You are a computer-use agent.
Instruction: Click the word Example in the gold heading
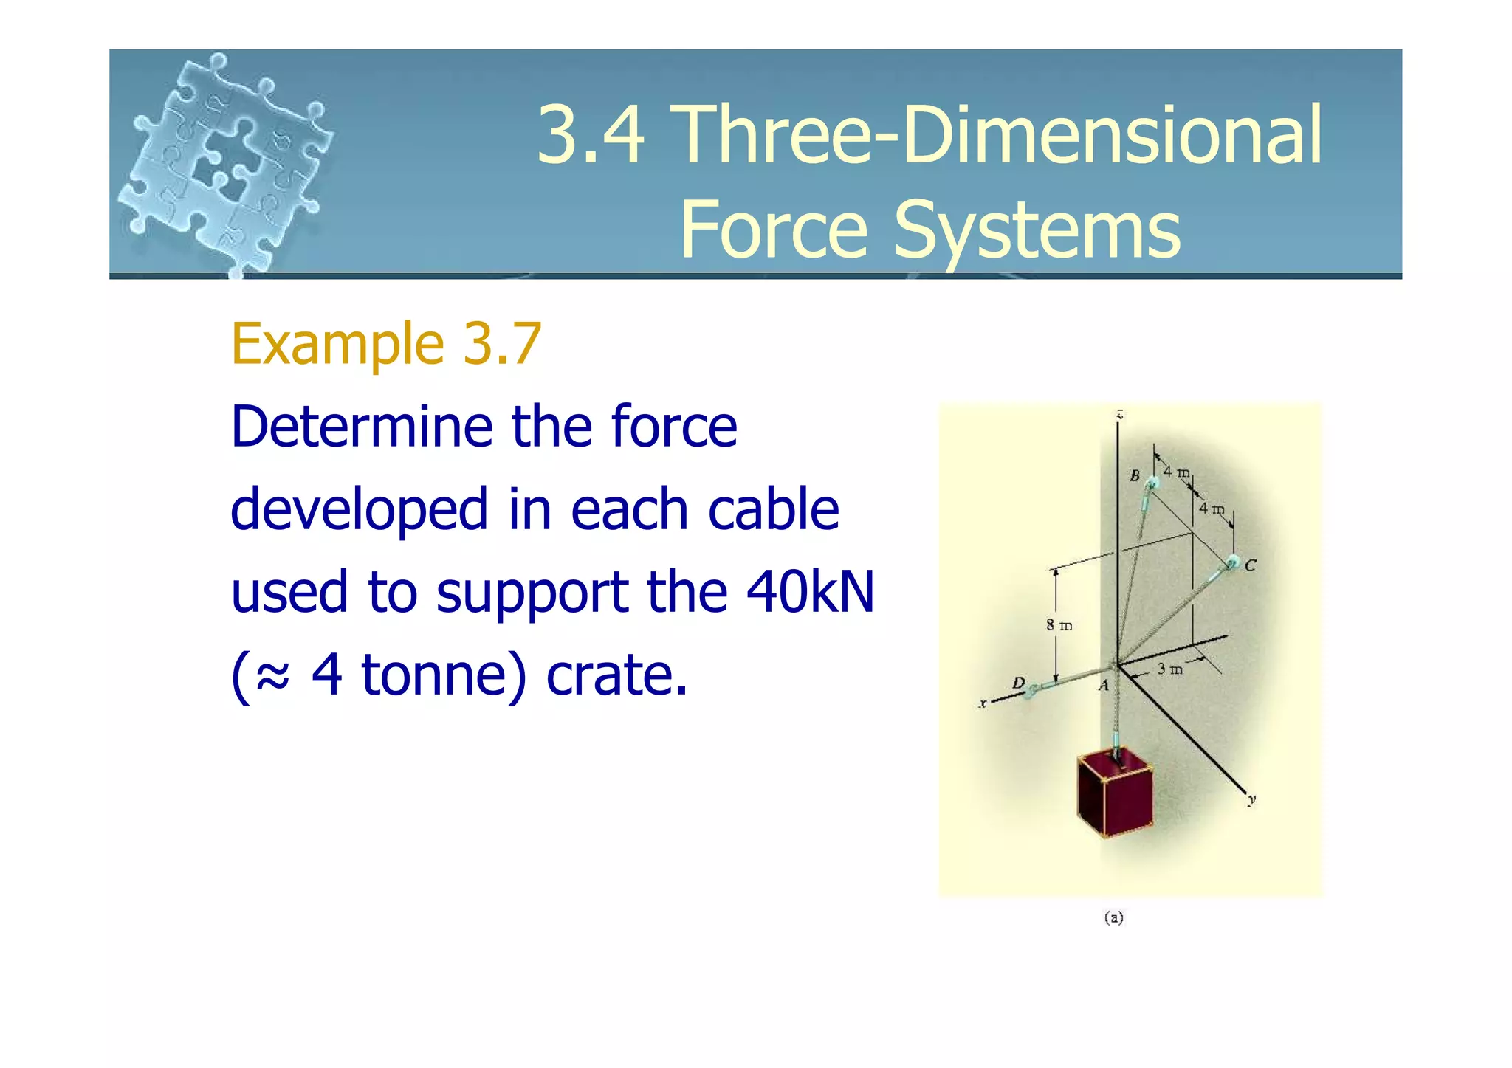tap(337, 344)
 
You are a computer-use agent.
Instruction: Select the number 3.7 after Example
tap(502, 344)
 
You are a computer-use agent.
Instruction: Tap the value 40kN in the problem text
tap(810, 592)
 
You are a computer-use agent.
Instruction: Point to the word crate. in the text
tap(616, 675)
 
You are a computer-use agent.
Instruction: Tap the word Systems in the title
tap(1037, 230)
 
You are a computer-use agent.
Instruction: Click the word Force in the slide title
tap(774, 230)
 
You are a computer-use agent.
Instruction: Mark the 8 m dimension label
tap(1059, 625)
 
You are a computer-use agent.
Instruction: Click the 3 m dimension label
tap(1169, 669)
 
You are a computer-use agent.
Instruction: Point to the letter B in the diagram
tap(1135, 475)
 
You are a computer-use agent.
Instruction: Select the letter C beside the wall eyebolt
tap(1250, 565)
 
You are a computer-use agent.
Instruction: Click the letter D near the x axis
tap(1018, 683)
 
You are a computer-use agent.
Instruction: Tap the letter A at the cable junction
tap(1104, 686)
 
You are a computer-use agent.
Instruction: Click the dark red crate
tap(1114, 794)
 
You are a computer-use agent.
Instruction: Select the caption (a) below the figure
tap(1113, 917)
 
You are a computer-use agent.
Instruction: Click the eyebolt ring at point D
tap(1031, 692)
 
